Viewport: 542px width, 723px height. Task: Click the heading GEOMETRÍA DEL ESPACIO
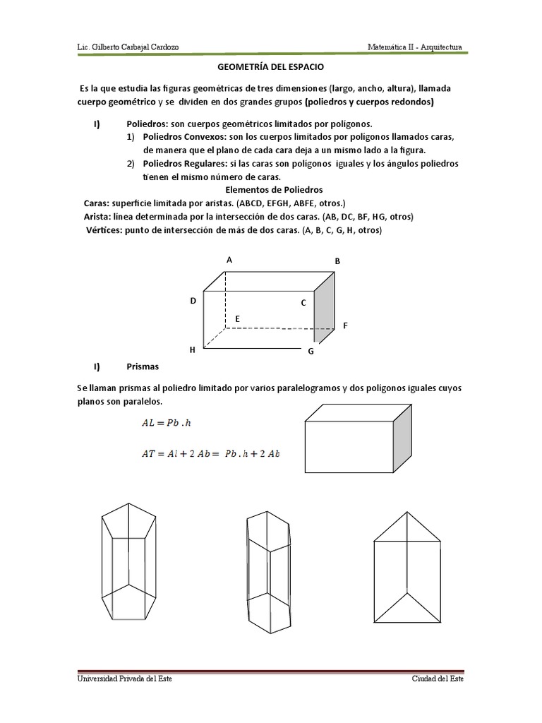[x=271, y=68]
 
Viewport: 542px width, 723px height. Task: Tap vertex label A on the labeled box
[x=229, y=260]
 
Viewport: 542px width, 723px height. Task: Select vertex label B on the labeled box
[x=337, y=261]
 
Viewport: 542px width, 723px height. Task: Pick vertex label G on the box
[x=311, y=351]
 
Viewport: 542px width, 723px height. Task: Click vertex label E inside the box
[x=238, y=319]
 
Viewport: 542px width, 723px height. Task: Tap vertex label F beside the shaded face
[x=345, y=325]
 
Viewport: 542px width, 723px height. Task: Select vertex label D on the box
[x=193, y=301]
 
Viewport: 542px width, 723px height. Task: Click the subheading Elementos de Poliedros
[x=273, y=190]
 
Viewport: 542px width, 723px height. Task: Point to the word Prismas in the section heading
[x=143, y=366]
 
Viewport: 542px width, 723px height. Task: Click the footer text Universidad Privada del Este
[x=124, y=679]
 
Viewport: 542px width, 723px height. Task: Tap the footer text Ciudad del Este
[x=438, y=679]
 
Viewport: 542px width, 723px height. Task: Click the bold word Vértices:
[x=108, y=229]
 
